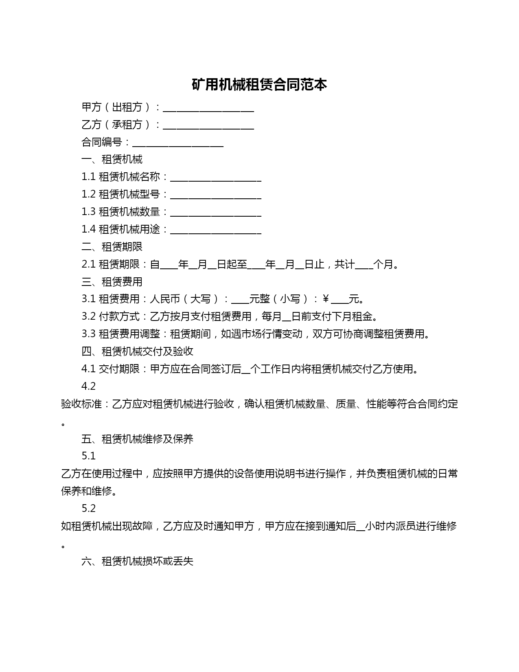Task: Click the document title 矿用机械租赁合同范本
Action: pos(259,85)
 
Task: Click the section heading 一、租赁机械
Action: pos(112,159)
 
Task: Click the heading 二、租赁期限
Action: pos(112,247)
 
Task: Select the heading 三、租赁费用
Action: pos(112,282)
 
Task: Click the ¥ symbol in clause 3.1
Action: pos(326,299)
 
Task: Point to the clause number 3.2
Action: pos(88,316)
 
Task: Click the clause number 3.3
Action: pos(88,334)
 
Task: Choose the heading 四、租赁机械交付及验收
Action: pos(137,351)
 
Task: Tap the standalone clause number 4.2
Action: pos(89,386)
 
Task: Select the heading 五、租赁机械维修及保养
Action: pos(137,439)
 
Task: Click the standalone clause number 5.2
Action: pos(89,508)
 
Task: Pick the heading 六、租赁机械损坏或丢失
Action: pos(137,561)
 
